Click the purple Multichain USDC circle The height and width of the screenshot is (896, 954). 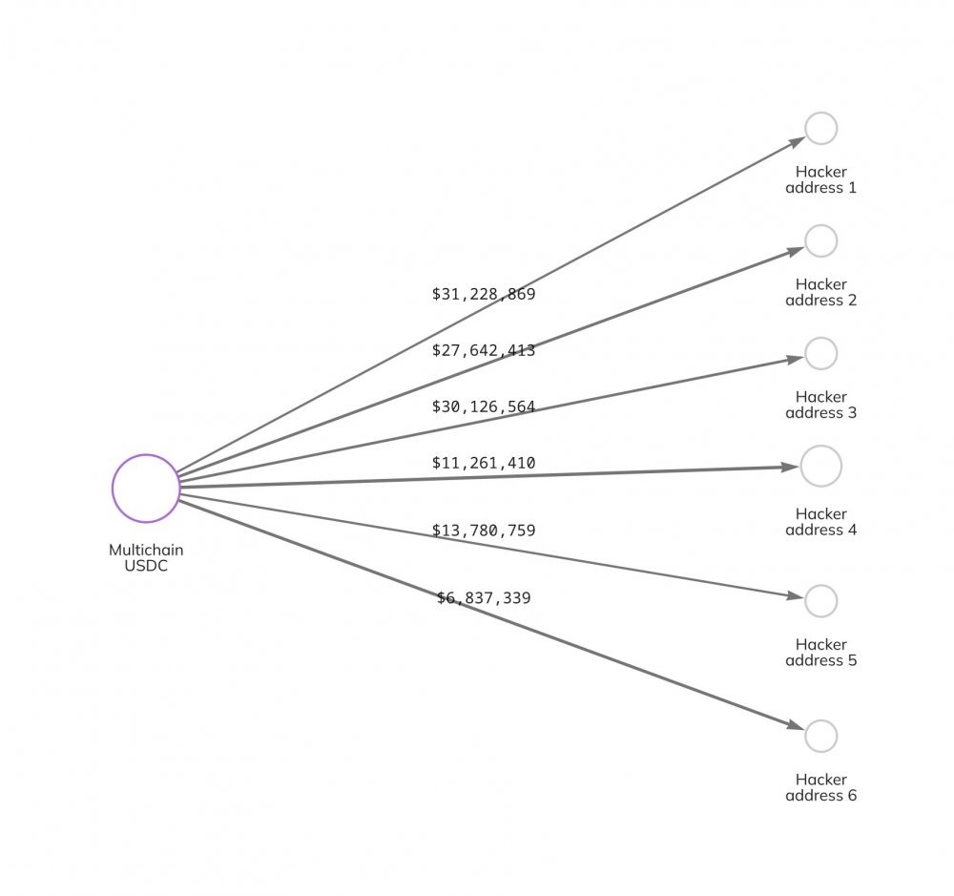(x=114, y=489)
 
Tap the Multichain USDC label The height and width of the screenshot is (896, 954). (x=146, y=557)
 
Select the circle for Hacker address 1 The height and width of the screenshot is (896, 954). (x=805, y=129)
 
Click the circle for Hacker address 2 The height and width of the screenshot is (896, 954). (x=805, y=241)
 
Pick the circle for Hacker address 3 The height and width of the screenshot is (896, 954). (x=805, y=354)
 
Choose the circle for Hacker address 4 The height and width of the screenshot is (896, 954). (x=801, y=467)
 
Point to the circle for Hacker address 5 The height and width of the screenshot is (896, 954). (x=805, y=601)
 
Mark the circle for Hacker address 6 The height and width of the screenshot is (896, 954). (x=805, y=737)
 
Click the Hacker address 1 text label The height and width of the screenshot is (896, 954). (x=820, y=179)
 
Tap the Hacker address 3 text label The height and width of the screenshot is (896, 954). (x=820, y=405)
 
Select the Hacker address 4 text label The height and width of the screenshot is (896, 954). (x=820, y=522)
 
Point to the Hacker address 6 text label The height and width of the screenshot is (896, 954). (x=820, y=787)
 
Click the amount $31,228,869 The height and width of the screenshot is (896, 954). (x=484, y=294)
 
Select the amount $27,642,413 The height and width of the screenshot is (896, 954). (x=484, y=350)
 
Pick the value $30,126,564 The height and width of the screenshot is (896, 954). (x=484, y=406)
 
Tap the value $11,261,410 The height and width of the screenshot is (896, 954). (x=484, y=463)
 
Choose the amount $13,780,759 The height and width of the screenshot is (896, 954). (x=484, y=531)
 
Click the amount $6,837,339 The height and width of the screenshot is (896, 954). (x=484, y=598)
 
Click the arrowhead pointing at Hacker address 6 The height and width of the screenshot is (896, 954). (x=796, y=725)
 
